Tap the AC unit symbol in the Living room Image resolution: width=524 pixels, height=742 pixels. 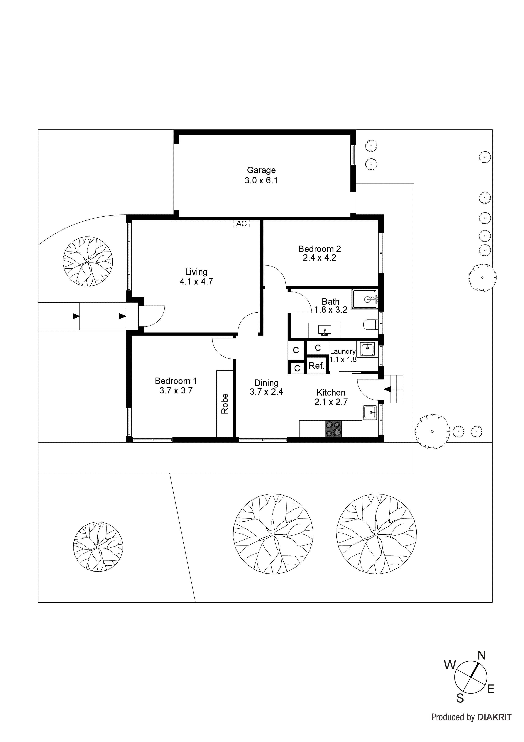(242, 224)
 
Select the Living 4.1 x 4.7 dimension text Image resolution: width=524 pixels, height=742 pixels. (196, 282)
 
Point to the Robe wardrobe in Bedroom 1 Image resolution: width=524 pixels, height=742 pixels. (225, 404)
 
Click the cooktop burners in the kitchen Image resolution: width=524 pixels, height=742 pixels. (333, 429)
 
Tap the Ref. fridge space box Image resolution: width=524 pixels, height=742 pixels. (316, 366)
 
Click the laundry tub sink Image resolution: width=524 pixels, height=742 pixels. (367, 349)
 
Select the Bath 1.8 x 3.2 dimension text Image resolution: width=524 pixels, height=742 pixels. (331, 310)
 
